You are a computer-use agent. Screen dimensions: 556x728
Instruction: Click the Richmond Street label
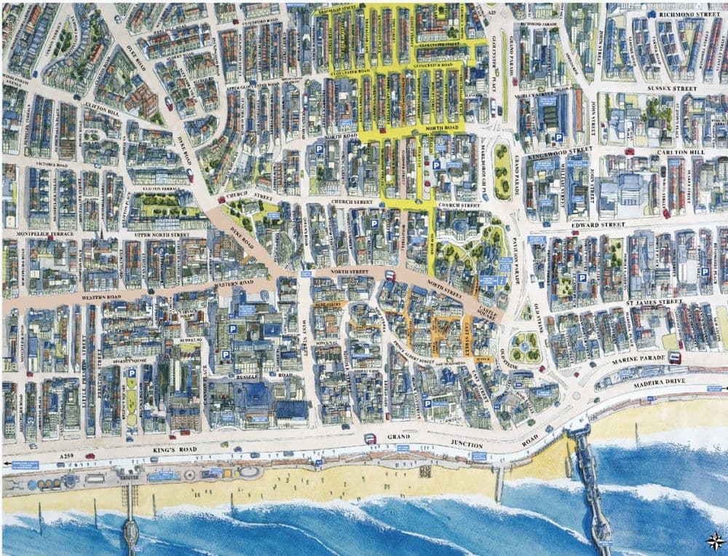point(689,14)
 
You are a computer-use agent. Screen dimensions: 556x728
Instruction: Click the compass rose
point(715,541)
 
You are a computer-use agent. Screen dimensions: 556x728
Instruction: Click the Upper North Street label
point(159,235)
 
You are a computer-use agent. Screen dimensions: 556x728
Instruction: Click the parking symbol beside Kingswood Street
point(558,137)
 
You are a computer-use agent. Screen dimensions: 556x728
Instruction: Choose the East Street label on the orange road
point(466,333)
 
